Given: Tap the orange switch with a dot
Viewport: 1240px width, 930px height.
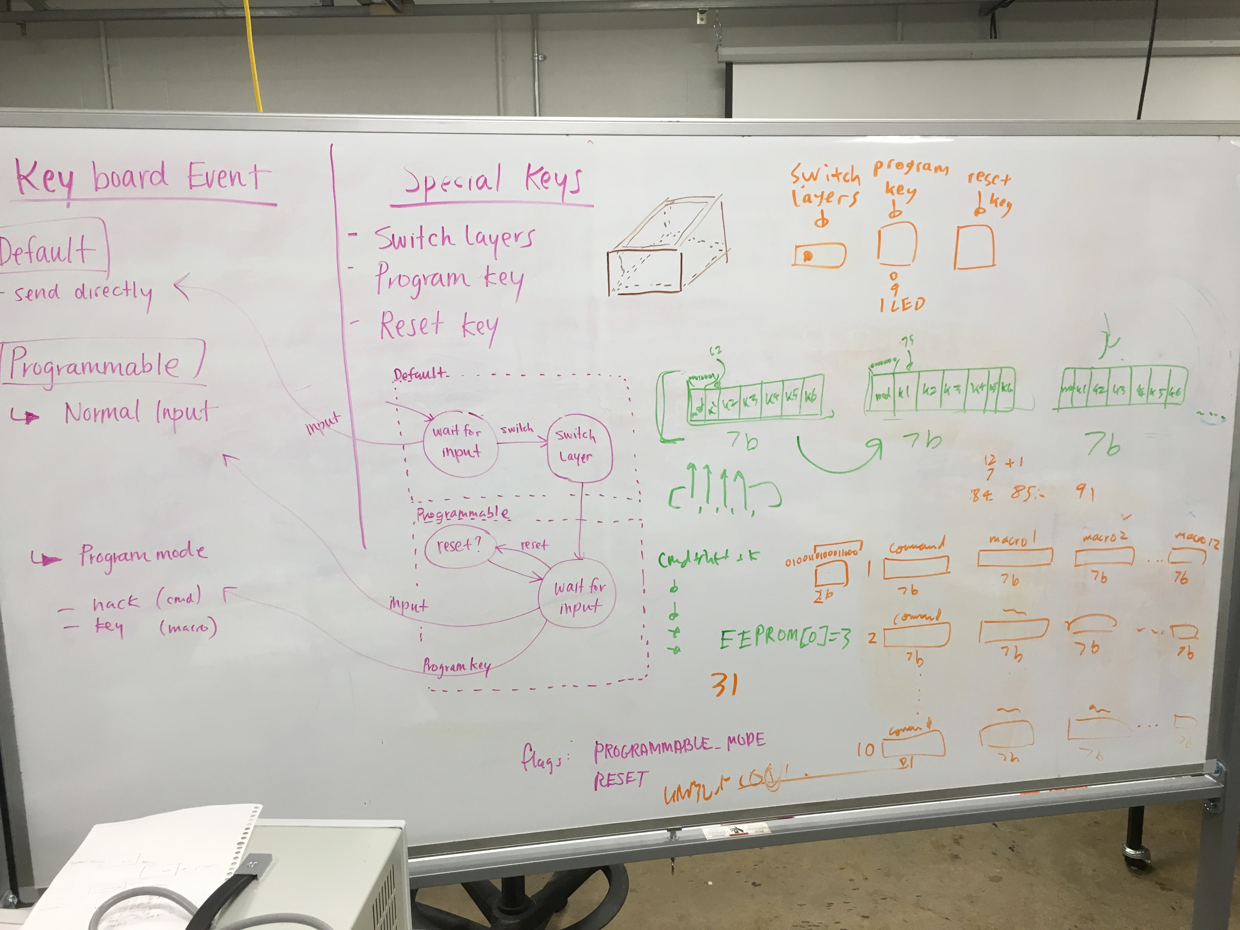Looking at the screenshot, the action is [x=820, y=256].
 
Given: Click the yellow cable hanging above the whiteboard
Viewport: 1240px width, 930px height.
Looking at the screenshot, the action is [x=255, y=56].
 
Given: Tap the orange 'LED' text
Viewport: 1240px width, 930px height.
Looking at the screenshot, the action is [x=909, y=304].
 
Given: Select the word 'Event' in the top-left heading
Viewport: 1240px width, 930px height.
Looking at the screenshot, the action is [x=224, y=177].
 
